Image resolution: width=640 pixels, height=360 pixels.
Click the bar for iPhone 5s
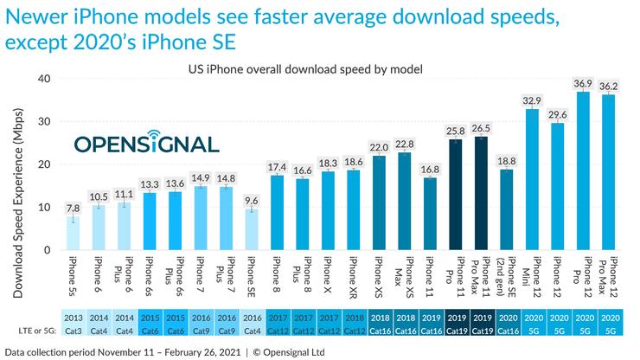(76, 234)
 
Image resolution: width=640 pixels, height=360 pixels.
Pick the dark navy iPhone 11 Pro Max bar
(483, 194)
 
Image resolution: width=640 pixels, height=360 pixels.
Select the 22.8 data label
(404, 144)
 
